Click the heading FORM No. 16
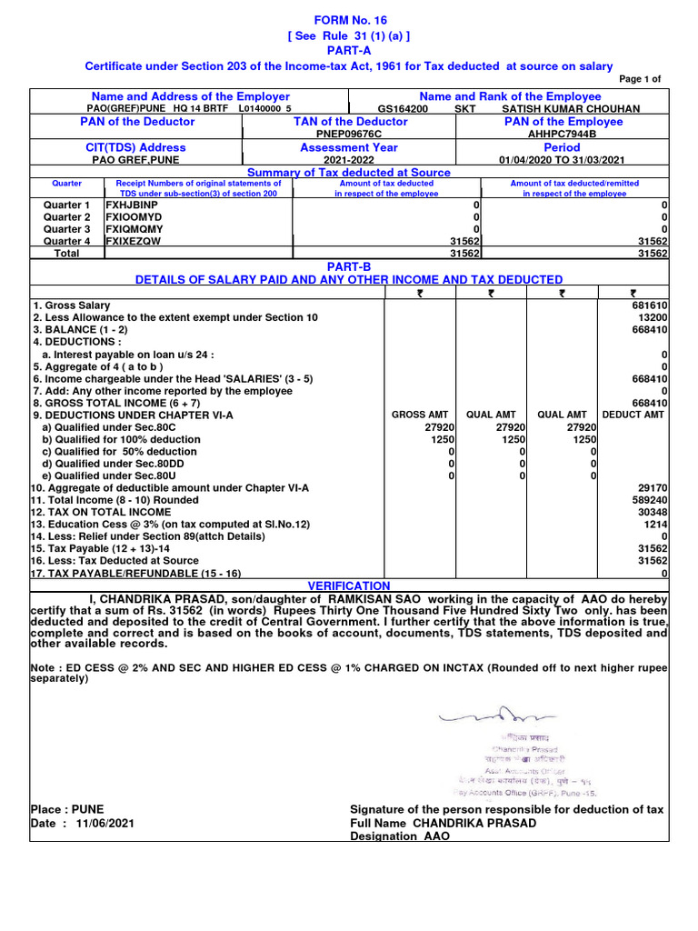point(349,19)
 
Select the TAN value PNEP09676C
point(349,135)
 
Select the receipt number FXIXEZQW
point(131,242)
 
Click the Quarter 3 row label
point(67,229)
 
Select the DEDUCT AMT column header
point(634,415)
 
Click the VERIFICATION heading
point(349,586)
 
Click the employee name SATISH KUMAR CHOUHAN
point(571,108)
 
